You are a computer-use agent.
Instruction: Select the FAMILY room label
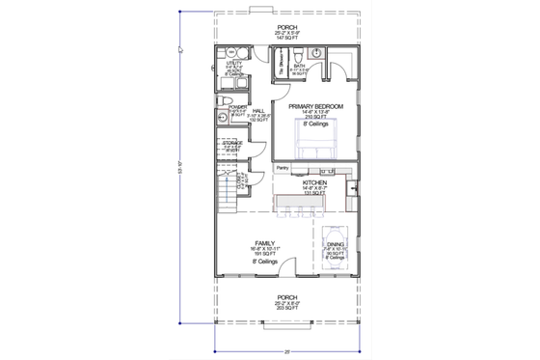point(265,243)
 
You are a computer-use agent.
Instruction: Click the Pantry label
point(283,168)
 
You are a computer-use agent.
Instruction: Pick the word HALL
point(258,111)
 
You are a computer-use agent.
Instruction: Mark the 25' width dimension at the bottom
point(287,351)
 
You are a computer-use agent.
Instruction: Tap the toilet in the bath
point(301,51)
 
